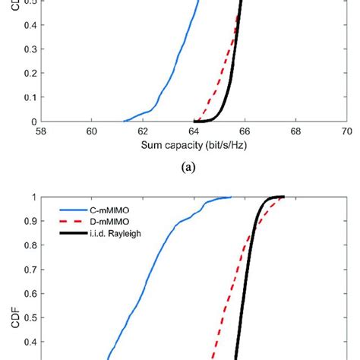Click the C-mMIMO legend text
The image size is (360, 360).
pos(106,205)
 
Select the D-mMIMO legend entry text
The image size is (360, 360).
pos(106,217)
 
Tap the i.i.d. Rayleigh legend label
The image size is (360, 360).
pos(113,229)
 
